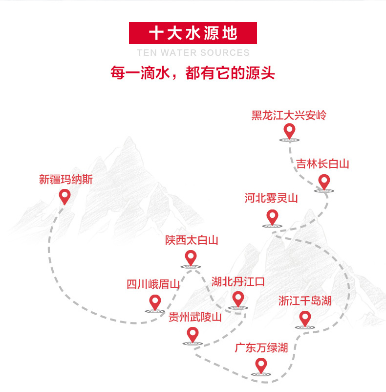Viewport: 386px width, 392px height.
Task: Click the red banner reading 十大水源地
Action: [193, 33]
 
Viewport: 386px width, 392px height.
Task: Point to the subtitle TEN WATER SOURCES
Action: [193, 53]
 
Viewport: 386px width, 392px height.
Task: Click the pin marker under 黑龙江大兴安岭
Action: [290, 131]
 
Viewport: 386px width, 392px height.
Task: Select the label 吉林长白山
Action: [322, 164]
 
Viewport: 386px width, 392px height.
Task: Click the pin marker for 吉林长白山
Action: [324, 182]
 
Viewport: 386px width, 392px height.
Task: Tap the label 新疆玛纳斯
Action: [66, 180]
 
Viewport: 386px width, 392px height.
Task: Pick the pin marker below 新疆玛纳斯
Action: [65, 196]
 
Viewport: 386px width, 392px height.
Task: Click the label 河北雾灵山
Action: [271, 198]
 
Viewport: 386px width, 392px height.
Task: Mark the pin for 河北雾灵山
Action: [272, 217]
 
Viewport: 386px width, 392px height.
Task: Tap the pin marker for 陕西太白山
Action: [191, 257]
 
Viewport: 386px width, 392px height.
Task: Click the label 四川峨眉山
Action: [153, 284]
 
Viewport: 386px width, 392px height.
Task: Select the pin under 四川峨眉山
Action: [155, 302]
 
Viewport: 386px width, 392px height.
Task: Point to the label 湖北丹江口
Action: [238, 281]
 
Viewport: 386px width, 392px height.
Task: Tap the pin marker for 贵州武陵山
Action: [193, 335]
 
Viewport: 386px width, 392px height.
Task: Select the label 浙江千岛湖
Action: [305, 300]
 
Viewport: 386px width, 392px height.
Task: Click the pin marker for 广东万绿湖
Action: [261, 365]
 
